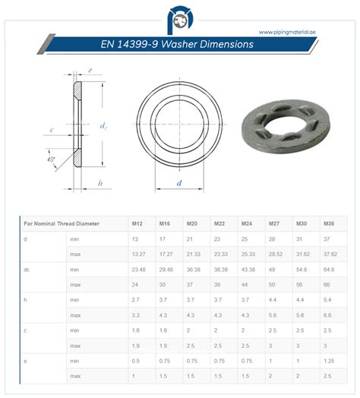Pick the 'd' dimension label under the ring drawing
(179, 183)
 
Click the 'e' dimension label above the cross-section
(90, 70)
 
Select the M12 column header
(137, 223)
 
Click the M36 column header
(328, 223)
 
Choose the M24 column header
(247, 223)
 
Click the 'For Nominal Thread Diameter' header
(60, 223)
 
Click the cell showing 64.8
(328, 268)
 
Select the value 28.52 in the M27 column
(274, 253)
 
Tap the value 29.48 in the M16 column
(166, 268)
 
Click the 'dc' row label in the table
(27, 268)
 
